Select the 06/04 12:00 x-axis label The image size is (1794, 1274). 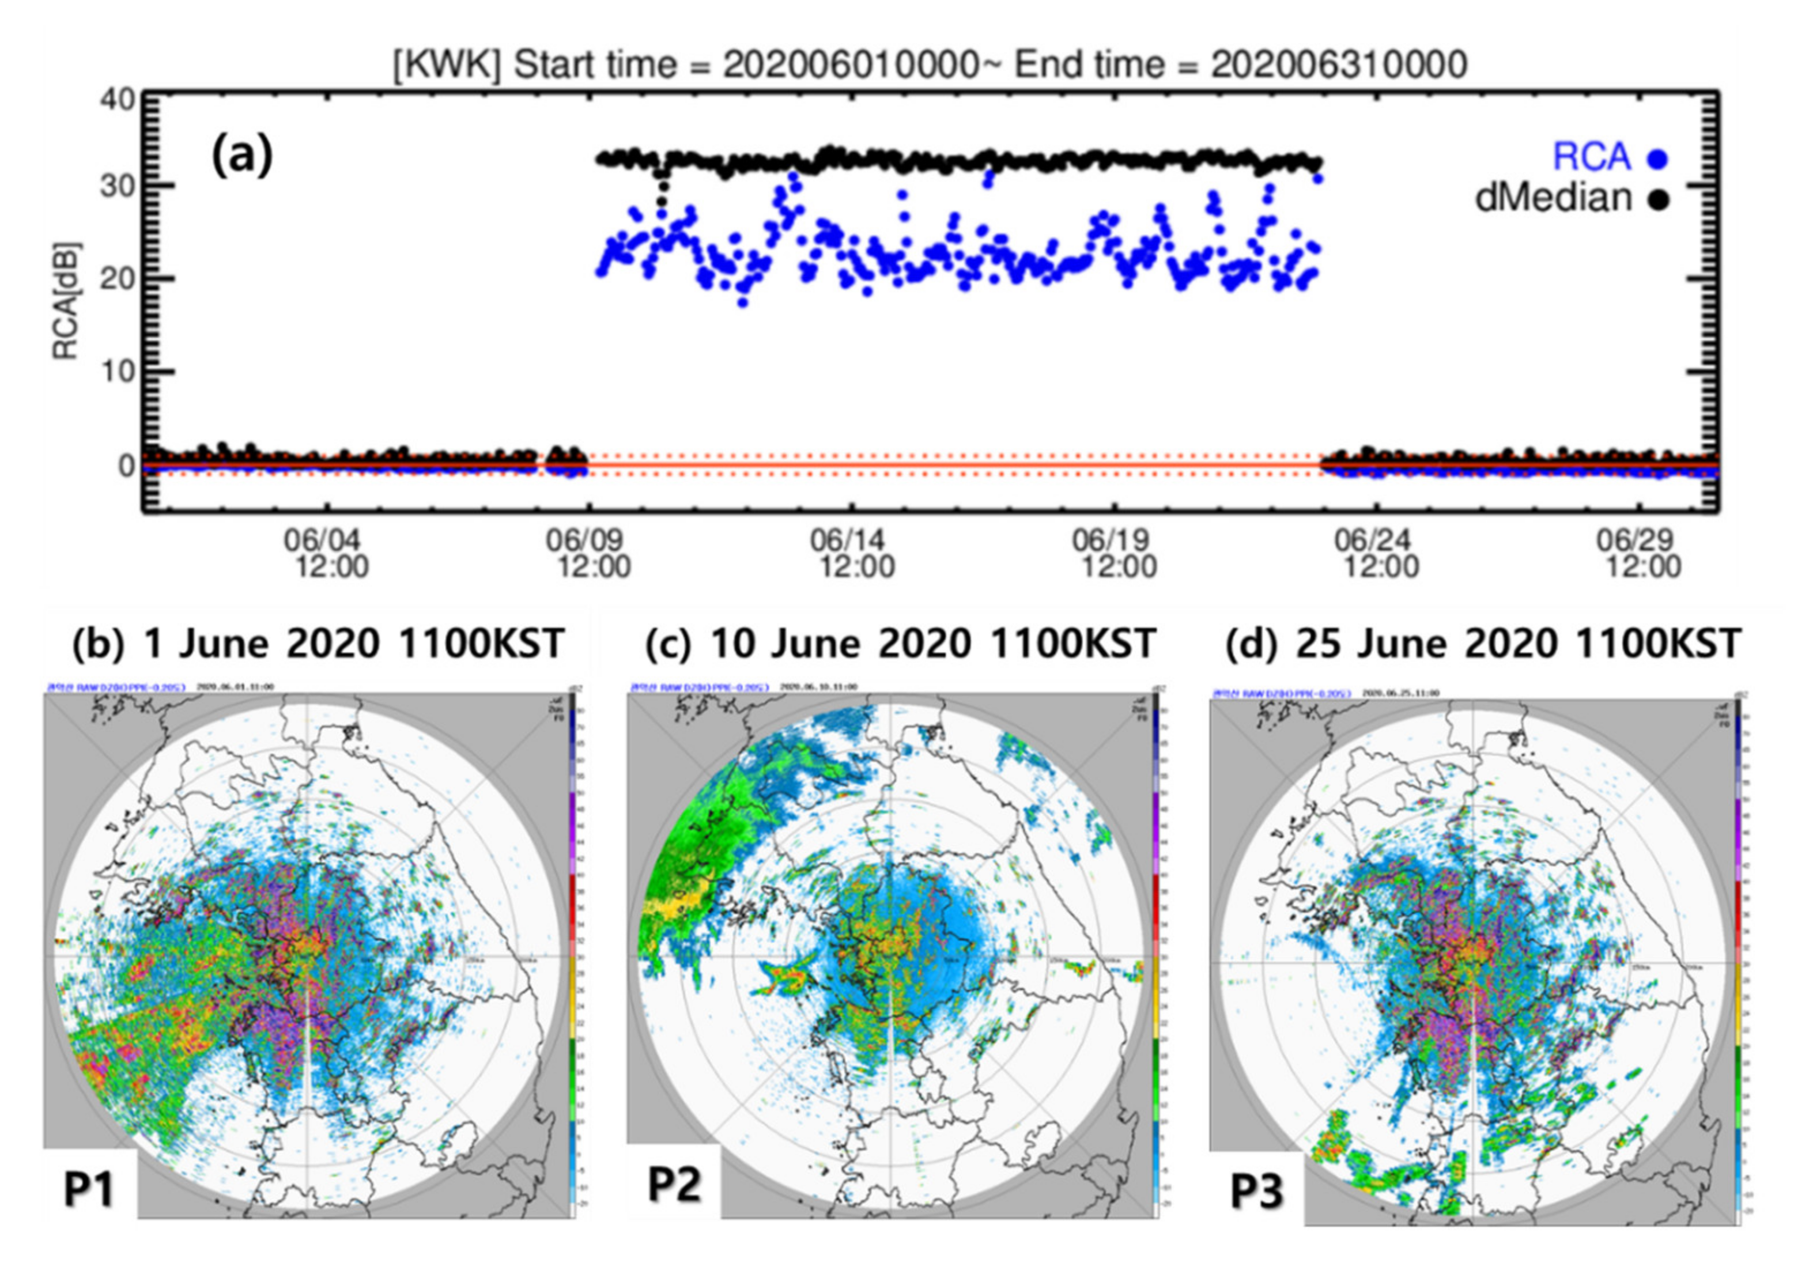(x=326, y=553)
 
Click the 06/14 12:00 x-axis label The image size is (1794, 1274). (x=852, y=553)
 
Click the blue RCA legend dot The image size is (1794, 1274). (x=1657, y=159)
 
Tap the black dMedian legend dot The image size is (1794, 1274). (x=1657, y=199)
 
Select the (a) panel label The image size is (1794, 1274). (x=241, y=156)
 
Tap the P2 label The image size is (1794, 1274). (x=674, y=1185)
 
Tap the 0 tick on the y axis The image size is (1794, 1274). (x=126, y=465)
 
